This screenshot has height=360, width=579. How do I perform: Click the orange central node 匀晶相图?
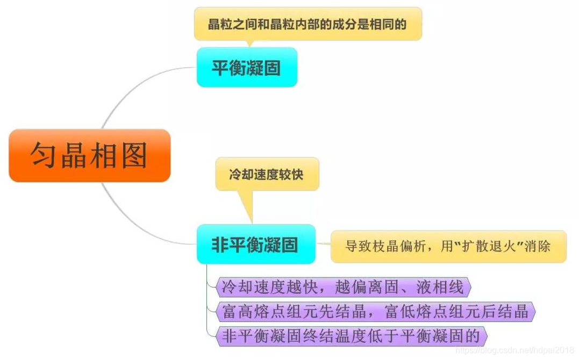pyautogui.click(x=90, y=155)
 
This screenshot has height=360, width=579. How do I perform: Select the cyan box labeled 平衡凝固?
pyautogui.click(x=247, y=68)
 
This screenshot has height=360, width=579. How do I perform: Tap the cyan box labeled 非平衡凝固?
pyautogui.click(x=255, y=244)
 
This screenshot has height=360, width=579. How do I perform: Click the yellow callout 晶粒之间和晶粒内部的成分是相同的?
pyautogui.click(x=308, y=24)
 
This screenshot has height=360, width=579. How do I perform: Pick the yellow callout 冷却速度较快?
pyautogui.click(x=267, y=175)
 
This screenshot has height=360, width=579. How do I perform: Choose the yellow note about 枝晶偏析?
pyautogui.click(x=448, y=247)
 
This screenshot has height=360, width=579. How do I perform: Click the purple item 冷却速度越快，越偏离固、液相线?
pyautogui.click(x=342, y=287)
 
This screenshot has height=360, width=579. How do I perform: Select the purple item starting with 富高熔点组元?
pyautogui.click(x=375, y=312)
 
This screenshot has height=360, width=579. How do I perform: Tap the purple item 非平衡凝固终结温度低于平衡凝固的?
pyautogui.click(x=350, y=336)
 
